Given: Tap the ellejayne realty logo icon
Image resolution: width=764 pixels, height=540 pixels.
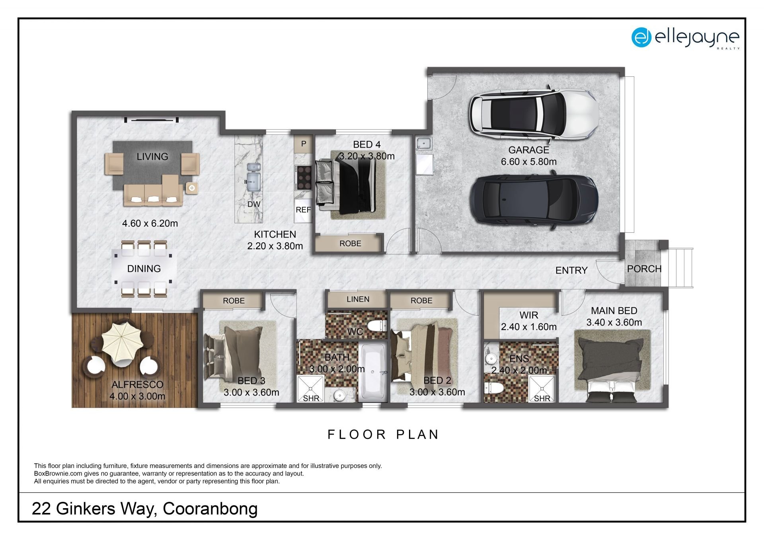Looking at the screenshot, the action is tap(641, 37).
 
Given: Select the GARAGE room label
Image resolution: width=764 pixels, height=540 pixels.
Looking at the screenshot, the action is tap(528, 150).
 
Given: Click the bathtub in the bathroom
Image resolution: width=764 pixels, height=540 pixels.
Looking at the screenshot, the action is tap(372, 372).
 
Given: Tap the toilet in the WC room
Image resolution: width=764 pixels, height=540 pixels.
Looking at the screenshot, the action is tap(376, 326).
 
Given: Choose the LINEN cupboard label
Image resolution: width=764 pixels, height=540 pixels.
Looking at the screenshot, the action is tap(358, 299).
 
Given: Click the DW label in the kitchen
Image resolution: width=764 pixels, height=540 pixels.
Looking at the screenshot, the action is tap(254, 204).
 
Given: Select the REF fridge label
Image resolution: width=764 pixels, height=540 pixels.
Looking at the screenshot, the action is tap(303, 210).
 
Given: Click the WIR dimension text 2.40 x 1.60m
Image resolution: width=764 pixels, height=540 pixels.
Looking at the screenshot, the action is tap(528, 327).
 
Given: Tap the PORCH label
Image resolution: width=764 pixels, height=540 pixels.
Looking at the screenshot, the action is tap(644, 269).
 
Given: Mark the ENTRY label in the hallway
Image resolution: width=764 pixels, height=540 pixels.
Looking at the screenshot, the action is tap(571, 270).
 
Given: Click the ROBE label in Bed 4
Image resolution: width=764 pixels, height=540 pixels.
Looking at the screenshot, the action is tap(350, 244).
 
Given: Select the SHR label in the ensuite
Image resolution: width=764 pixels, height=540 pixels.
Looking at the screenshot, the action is tap(542, 398).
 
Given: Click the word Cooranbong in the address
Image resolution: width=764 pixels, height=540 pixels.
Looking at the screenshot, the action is tap(210, 509).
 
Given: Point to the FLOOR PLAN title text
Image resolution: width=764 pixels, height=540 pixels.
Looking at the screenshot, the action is tap(383, 435).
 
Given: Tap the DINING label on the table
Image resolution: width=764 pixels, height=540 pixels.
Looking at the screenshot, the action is tap(144, 269).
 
